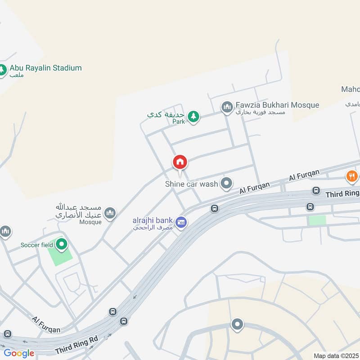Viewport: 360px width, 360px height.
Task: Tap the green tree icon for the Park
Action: point(193,117)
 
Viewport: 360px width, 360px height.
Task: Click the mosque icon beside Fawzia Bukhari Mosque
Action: point(226,107)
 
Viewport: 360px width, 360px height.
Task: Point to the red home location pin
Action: point(180,162)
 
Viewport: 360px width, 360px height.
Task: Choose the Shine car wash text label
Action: point(191,184)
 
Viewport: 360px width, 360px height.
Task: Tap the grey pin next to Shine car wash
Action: point(227,183)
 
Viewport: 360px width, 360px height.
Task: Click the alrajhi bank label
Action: point(153,220)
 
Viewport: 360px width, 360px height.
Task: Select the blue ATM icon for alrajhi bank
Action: point(181,222)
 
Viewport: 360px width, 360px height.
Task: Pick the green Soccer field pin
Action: point(61,245)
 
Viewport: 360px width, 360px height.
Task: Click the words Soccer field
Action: point(36,245)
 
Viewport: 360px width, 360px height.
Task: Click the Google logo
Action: point(19,353)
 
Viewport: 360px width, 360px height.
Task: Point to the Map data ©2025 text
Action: point(336,355)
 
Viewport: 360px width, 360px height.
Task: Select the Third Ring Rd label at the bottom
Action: point(76,345)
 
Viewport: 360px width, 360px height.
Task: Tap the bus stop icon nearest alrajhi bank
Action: point(215,208)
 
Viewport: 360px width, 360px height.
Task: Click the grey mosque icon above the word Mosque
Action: point(110,212)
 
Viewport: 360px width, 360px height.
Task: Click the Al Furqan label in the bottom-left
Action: point(46,324)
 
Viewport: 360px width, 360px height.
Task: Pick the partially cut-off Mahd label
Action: point(351,89)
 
